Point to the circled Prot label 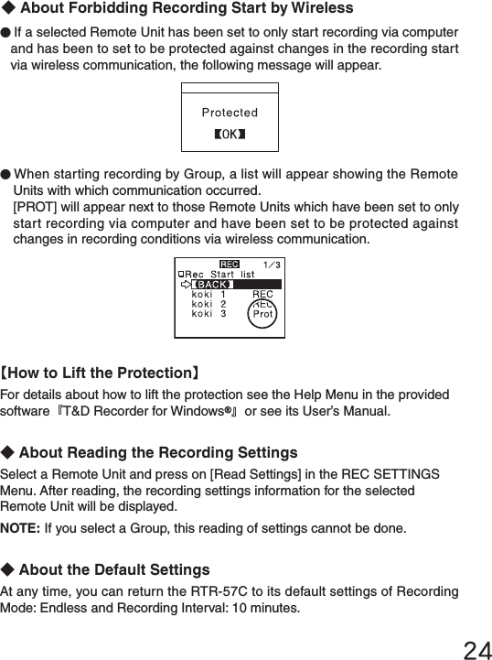point(262,313)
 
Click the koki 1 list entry point(209,294)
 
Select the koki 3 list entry point(209,314)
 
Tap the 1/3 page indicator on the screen point(272,265)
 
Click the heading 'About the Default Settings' point(113,570)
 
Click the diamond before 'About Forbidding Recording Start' point(8,9)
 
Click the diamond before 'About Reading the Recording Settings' point(8,453)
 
